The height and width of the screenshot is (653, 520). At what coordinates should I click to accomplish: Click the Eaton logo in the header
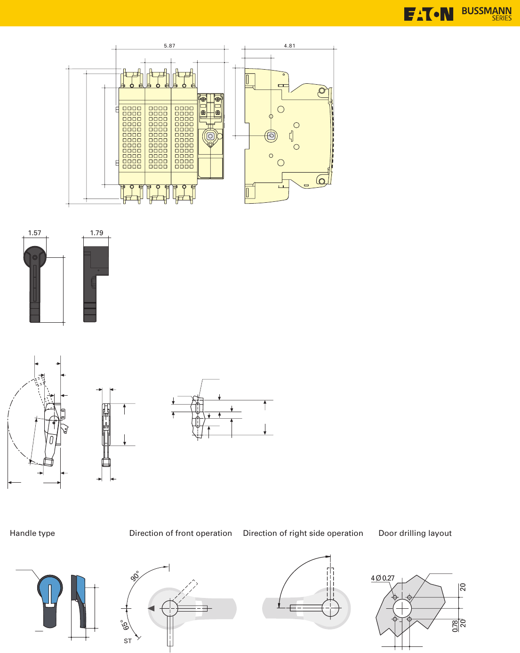[428, 14]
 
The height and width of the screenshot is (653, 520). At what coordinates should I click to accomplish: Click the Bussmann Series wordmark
[486, 14]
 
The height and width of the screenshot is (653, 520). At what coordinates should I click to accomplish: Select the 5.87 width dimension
[169, 46]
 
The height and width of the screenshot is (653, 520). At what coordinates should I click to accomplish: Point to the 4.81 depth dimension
[289, 46]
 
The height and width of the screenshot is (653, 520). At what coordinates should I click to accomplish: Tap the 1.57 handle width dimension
[34, 233]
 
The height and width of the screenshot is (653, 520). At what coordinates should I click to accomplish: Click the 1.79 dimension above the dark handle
[96, 233]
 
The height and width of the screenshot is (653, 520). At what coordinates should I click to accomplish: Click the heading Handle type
[32, 533]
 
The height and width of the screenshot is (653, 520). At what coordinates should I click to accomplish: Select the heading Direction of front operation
[180, 533]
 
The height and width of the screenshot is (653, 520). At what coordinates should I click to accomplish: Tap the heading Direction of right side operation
[303, 533]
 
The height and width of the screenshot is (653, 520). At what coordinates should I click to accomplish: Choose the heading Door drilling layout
[415, 533]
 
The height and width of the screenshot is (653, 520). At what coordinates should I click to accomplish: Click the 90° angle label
[135, 576]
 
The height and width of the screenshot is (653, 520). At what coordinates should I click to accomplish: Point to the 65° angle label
[125, 626]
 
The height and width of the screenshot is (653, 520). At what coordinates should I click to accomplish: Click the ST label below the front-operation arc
[128, 641]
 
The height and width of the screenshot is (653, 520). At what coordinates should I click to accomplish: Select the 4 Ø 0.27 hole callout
[383, 578]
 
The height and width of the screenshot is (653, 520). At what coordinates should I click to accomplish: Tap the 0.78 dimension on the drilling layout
[455, 626]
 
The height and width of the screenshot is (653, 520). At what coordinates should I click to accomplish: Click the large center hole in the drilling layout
[402, 608]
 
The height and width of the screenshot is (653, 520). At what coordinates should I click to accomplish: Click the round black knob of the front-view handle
[35, 257]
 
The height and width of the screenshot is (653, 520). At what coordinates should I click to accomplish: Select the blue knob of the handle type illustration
[50, 588]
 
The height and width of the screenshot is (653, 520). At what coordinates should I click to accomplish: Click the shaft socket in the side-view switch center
[271, 136]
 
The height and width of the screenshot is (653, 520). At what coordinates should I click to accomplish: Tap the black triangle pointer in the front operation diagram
[151, 608]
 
